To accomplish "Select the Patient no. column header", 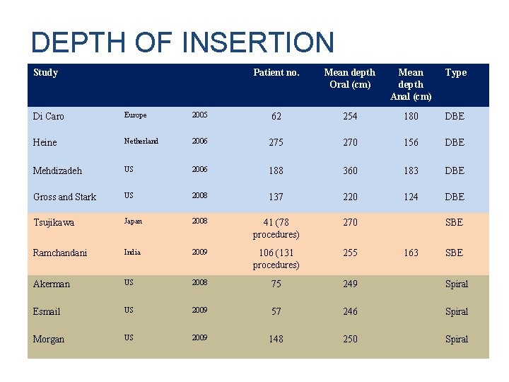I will point(276,72).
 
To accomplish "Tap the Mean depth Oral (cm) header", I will point(350,78).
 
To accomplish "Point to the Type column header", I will point(456,72).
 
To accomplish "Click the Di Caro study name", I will point(48,116).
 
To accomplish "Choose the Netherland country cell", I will point(141,141).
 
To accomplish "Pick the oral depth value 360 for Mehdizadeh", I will point(350,170).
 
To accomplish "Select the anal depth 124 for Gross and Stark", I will point(411,197).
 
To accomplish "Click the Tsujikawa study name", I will point(54,222).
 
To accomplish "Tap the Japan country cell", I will point(133,221).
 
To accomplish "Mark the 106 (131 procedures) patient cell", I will point(276,258).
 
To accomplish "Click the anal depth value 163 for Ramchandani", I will point(411,253).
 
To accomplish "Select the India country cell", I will point(132,252).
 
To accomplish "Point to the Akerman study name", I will point(52,284).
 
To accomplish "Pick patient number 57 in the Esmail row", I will point(276,311).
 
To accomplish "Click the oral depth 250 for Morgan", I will point(350,339).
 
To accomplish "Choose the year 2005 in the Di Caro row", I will point(199,115).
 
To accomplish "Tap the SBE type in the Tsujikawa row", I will point(454,222).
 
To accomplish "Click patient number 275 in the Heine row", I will point(276,142).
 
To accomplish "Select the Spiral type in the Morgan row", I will point(456,339).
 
